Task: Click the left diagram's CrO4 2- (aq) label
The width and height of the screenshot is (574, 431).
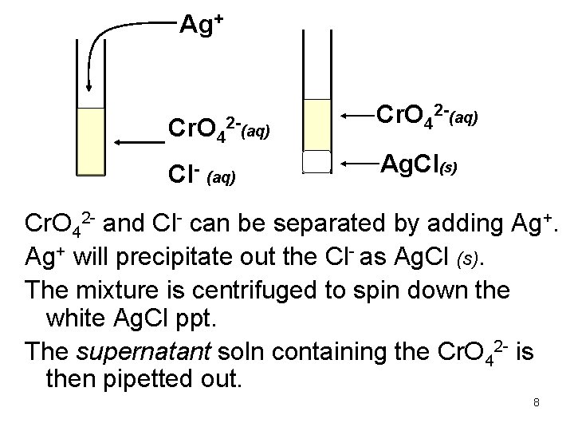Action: tap(216, 126)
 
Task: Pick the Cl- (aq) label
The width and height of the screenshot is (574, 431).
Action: tap(199, 174)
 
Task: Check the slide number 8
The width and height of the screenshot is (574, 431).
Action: tap(537, 402)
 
